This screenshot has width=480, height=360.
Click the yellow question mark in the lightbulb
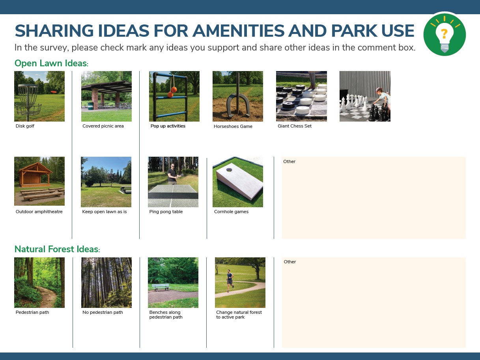click(x=444, y=34)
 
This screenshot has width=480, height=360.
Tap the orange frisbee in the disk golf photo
click(x=54, y=92)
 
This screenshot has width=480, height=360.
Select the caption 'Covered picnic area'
click(x=103, y=126)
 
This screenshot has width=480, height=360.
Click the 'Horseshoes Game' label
click(x=233, y=126)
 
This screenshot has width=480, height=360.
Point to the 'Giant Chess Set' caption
click(x=295, y=126)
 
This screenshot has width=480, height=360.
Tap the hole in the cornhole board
click(x=229, y=170)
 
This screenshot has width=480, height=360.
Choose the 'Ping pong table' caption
click(x=166, y=212)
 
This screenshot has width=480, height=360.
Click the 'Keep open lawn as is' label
click(x=104, y=212)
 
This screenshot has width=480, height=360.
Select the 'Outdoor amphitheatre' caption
click(x=39, y=212)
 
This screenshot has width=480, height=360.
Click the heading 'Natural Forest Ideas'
click(x=57, y=249)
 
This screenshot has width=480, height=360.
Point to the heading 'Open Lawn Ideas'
click(x=51, y=63)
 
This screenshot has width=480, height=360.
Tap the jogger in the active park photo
click(x=230, y=281)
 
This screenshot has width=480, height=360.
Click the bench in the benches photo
click(x=161, y=287)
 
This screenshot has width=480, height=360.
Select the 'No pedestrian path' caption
click(x=103, y=312)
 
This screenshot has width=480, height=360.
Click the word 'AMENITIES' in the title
click(x=239, y=31)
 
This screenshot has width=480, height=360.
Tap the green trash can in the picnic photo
click(x=90, y=106)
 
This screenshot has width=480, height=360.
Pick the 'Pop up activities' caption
click(x=168, y=126)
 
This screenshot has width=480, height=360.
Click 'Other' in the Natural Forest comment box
click(x=290, y=262)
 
